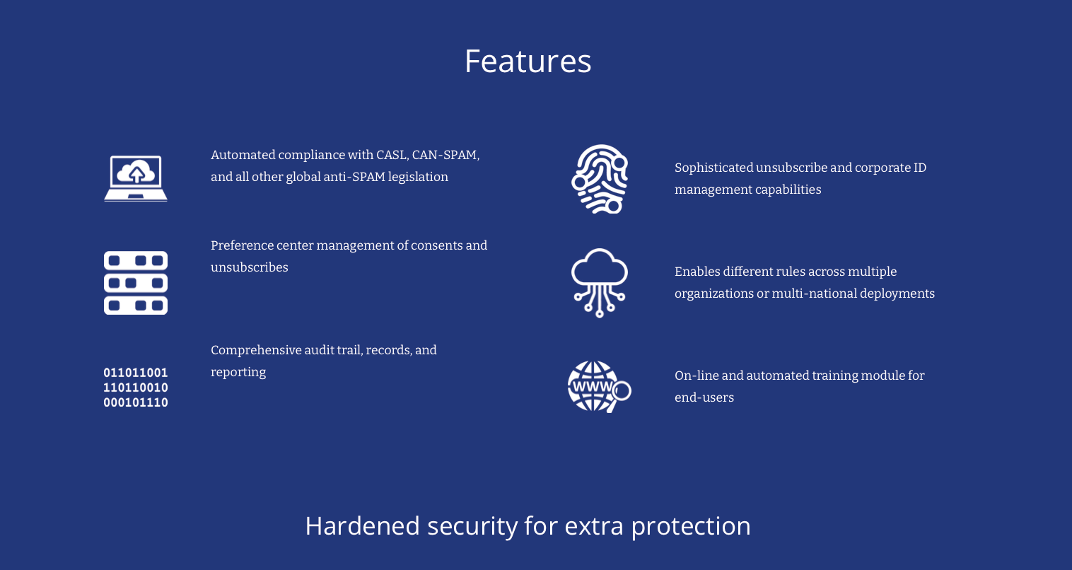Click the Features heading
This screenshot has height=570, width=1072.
click(x=528, y=62)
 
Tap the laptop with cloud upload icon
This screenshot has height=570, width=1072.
click(x=136, y=178)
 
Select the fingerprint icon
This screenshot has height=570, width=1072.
click(x=600, y=179)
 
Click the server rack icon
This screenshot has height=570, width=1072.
click(x=136, y=283)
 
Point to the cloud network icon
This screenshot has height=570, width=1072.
click(x=600, y=283)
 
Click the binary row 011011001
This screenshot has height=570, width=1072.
click(x=136, y=373)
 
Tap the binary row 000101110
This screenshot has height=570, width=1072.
click(x=136, y=402)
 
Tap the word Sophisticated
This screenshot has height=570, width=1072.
click(x=713, y=168)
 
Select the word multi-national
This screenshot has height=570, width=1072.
click(x=814, y=293)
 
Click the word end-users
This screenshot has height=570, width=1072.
click(x=704, y=397)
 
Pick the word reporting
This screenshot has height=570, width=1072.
click(x=238, y=372)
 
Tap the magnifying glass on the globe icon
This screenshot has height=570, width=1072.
click(x=621, y=391)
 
